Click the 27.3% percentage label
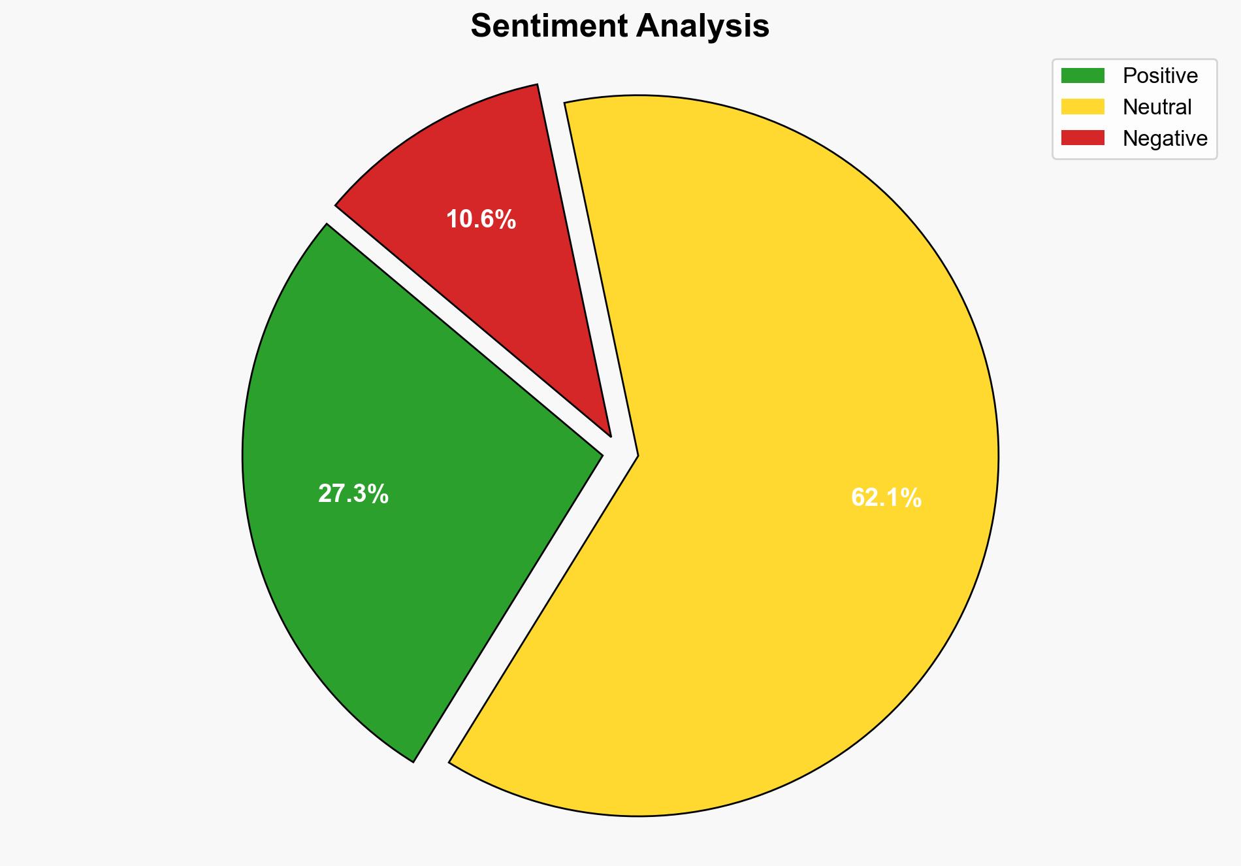(x=353, y=494)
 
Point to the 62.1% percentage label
(x=886, y=498)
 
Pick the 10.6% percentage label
(x=481, y=220)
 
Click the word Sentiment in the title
(x=549, y=27)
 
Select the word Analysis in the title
(x=704, y=27)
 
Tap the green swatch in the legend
(x=1082, y=76)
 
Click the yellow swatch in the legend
(x=1082, y=107)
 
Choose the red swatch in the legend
(x=1082, y=138)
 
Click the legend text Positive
(x=1160, y=76)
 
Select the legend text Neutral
(x=1157, y=107)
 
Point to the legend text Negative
(x=1165, y=138)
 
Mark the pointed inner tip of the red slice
(x=609, y=435)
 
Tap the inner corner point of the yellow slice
(x=637, y=455)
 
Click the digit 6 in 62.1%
(x=858, y=498)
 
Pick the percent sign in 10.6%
(x=506, y=220)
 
